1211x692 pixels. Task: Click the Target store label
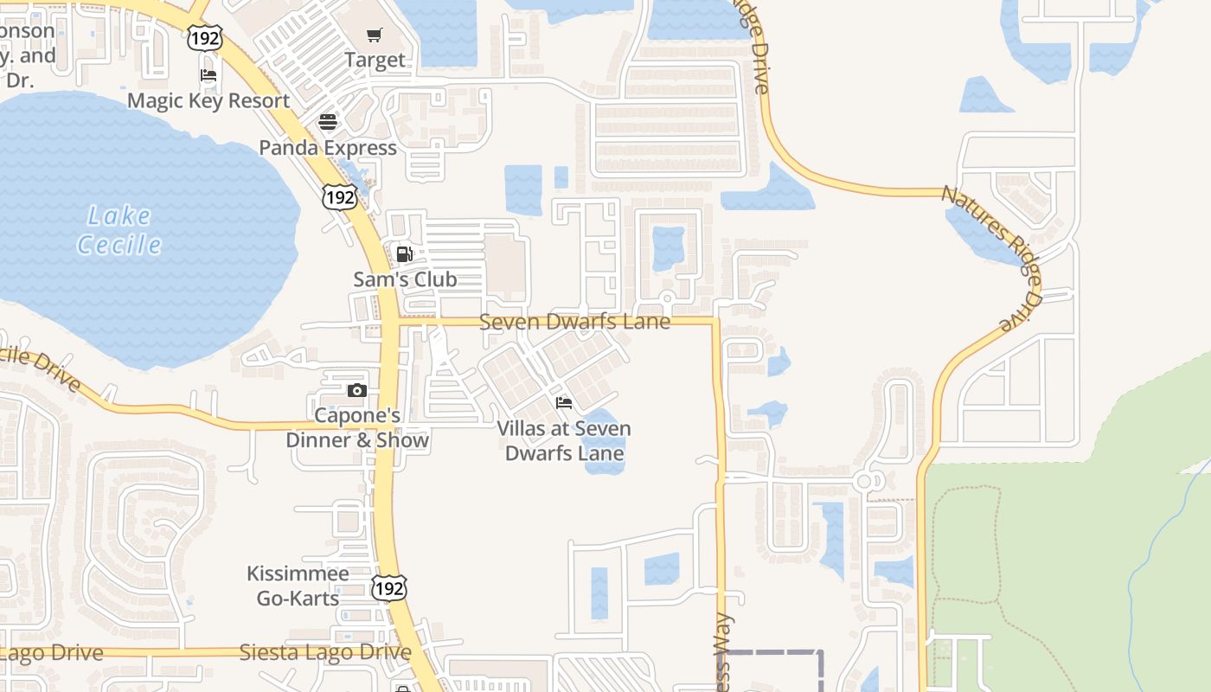(x=375, y=60)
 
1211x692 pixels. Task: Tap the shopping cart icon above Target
(x=374, y=35)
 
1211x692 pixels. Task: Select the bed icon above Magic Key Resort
(x=208, y=75)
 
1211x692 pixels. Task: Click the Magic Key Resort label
(x=208, y=100)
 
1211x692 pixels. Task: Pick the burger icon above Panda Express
(x=327, y=122)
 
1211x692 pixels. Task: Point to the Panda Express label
(x=328, y=148)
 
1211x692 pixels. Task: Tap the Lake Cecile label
(x=119, y=230)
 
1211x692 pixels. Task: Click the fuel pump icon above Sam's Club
(x=404, y=254)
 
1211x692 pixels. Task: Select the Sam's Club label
(x=405, y=279)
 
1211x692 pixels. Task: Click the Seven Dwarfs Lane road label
(x=574, y=322)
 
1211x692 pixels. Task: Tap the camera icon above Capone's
(x=356, y=391)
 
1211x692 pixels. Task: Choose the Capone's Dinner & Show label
(x=357, y=427)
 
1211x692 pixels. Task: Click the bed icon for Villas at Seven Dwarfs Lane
(x=564, y=403)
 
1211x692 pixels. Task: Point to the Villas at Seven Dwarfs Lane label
(x=564, y=440)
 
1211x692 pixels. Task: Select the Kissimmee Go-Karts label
(x=298, y=586)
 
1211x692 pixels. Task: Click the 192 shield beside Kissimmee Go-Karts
(x=389, y=588)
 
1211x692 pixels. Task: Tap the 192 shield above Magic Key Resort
(x=205, y=36)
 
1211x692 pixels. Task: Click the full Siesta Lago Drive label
(x=325, y=652)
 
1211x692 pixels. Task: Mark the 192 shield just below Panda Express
(x=339, y=197)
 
